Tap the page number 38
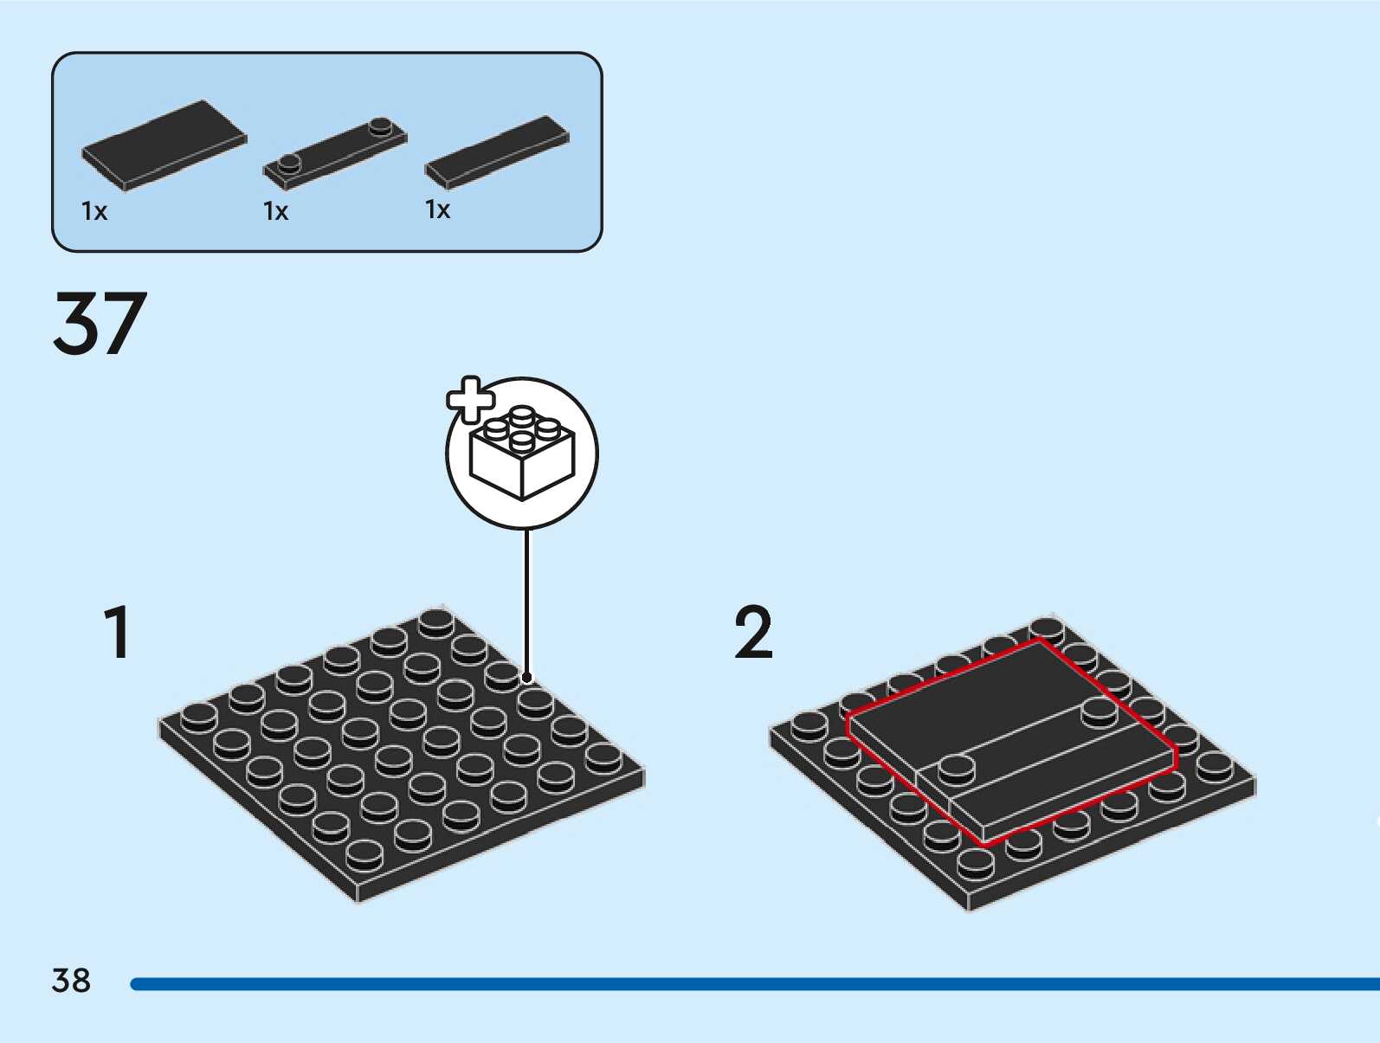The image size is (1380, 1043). coord(71,981)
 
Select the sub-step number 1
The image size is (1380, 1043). coord(118,633)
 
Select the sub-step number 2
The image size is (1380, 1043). coord(753,633)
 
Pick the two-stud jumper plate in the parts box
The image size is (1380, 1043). coord(335,154)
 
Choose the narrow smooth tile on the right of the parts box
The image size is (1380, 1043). coord(497,151)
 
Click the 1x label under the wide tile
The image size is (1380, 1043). coord(94,211)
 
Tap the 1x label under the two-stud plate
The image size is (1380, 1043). coord(276,211)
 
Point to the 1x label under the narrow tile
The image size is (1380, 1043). coord(438,209)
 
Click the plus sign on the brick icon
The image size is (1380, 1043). coord(469,399)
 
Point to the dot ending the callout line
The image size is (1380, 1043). coord(527,677)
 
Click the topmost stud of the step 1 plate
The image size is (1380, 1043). coord(436,621)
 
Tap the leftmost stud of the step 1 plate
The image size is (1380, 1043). coord(199,716)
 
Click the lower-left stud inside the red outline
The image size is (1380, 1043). coord(957,768)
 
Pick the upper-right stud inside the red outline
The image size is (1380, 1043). coord(1099,711)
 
